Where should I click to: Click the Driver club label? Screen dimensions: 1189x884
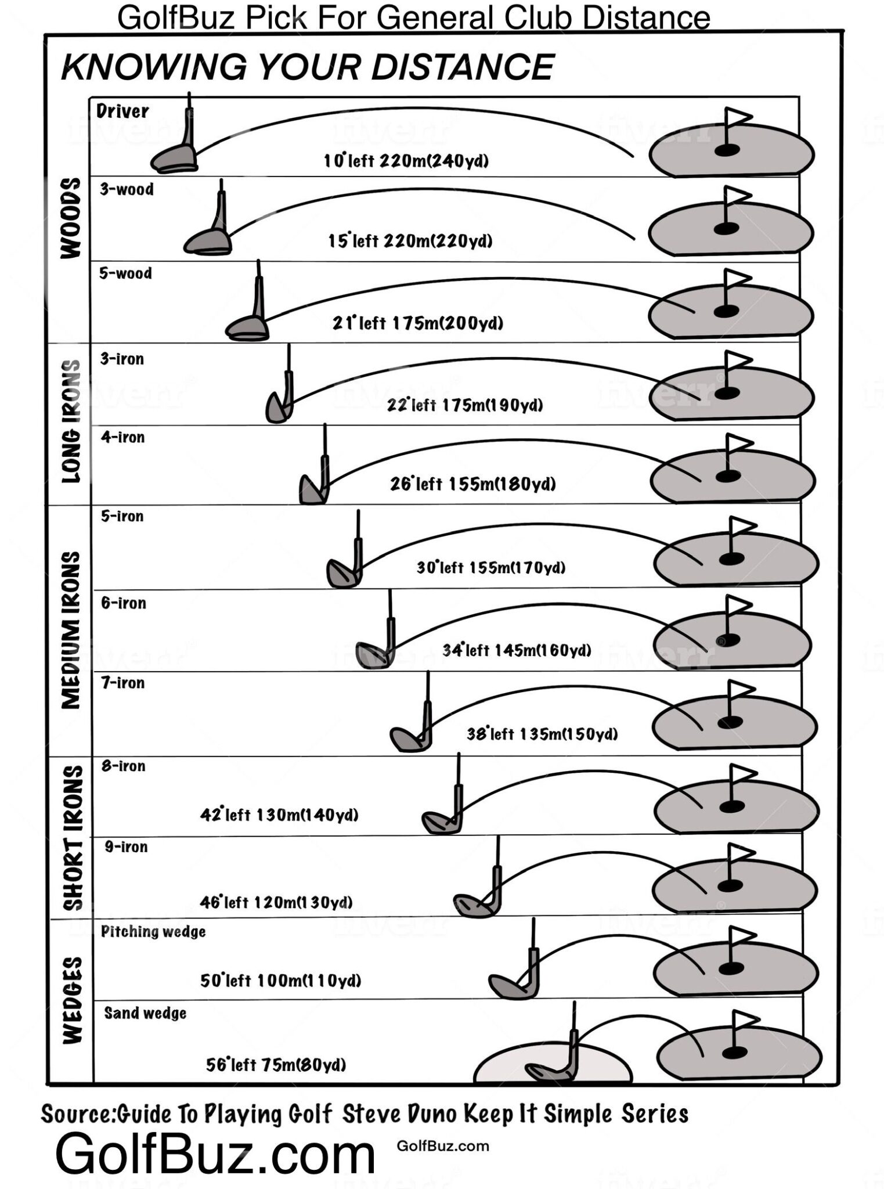click(122, 111)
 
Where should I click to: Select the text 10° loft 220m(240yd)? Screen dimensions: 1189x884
click(406, 160)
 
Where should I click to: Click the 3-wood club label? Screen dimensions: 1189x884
click(127, 189)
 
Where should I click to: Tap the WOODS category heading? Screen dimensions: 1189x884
click(71, 218)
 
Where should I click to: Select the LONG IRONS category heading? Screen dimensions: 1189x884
click(71, 421)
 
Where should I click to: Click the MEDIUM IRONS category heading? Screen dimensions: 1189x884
click(71, 630)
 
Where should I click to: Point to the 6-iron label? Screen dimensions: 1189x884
click(124, 603)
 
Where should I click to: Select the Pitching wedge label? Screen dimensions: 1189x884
click(153, 932)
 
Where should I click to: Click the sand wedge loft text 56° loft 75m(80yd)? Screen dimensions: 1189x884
click(276, 1065)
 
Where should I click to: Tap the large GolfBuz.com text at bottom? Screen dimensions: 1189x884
click(215, 1155)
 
